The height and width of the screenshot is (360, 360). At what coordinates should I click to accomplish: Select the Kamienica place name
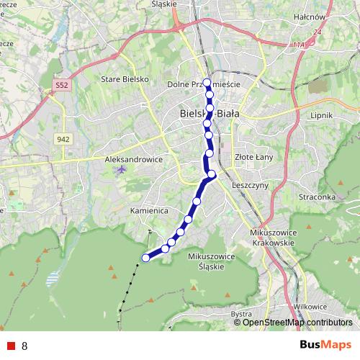point(130,211)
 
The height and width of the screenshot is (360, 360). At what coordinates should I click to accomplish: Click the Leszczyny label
point(251,184)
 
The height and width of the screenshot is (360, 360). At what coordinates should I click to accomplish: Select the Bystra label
point(241,313)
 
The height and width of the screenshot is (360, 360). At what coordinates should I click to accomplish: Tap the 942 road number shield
point(65,138)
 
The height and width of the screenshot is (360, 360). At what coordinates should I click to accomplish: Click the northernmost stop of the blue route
point(207,81)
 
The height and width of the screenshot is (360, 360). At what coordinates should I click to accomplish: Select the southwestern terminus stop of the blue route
point(145,258)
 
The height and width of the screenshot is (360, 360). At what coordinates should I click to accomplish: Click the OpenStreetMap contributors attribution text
point(297,323)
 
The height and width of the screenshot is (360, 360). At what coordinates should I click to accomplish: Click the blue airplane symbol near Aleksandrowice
point(120,171)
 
